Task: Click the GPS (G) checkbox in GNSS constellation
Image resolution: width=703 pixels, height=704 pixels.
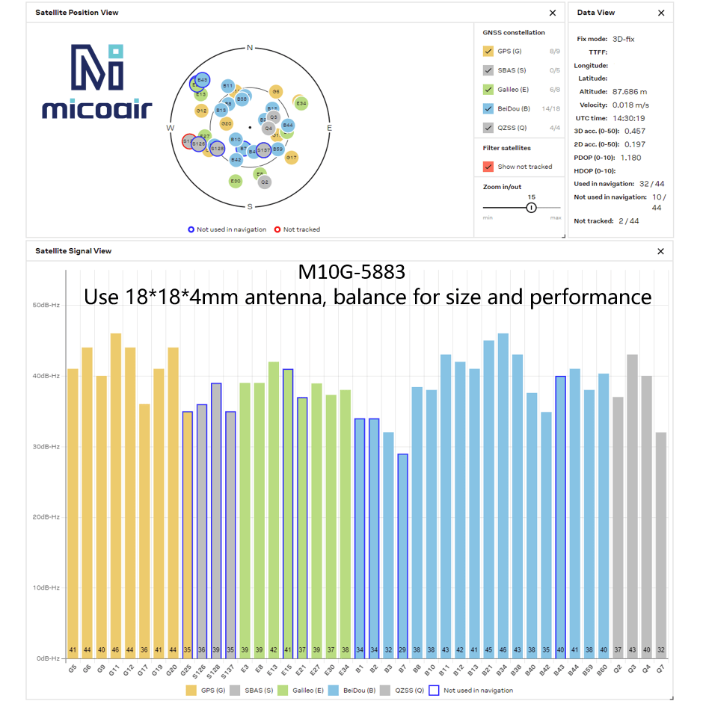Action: [488, 52]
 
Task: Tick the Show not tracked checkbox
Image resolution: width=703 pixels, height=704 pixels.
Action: [488, 167]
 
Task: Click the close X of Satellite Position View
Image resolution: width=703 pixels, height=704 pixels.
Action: [553, 13]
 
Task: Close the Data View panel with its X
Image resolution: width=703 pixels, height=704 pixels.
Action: [661, 13]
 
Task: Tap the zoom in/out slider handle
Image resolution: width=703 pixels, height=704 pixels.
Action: [531, 207]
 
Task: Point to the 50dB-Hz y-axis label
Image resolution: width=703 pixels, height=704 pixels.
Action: [46, 305]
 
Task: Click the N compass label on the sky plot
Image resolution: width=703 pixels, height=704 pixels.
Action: [250, 48]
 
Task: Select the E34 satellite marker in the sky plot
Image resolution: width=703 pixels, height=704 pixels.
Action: [301, 103]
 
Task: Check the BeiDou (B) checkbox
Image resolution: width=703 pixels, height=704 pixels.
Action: [488, 108]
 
